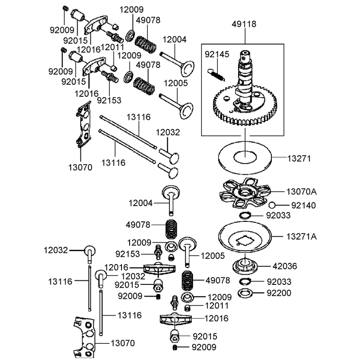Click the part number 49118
pyautogui.click(x=244, y=24)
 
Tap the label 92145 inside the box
pyautogui.click(x=217, y=54)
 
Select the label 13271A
pyautogui.click(x=301, y=237)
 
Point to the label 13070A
pyautogui.click(x=301, y=192)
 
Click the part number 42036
pyautogui.click(x=285, y=266)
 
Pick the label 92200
pyautogui.click(x=279, y=293)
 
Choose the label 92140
pyautogui.click(x=303, y=206)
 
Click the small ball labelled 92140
pyautogui.click(x=272, y=205)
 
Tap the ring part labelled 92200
pyautogui.click(x=245, y=293)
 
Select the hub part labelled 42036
pyautogui.click(x=245, y=265)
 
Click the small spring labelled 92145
pyautogui.click(x=216, y=75)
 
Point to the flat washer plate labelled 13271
pyautogui.click(x=245, y=157)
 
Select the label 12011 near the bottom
pyautogui.click(x=217, y=306)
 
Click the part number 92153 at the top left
pyautogui.click(x=109, y=100)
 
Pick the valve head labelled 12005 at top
pyautogui.click(x=186, y=111)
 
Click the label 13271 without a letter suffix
pyautogui.click(x=299, y=159)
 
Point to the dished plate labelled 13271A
pyautogui.click(x=245, y=237)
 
